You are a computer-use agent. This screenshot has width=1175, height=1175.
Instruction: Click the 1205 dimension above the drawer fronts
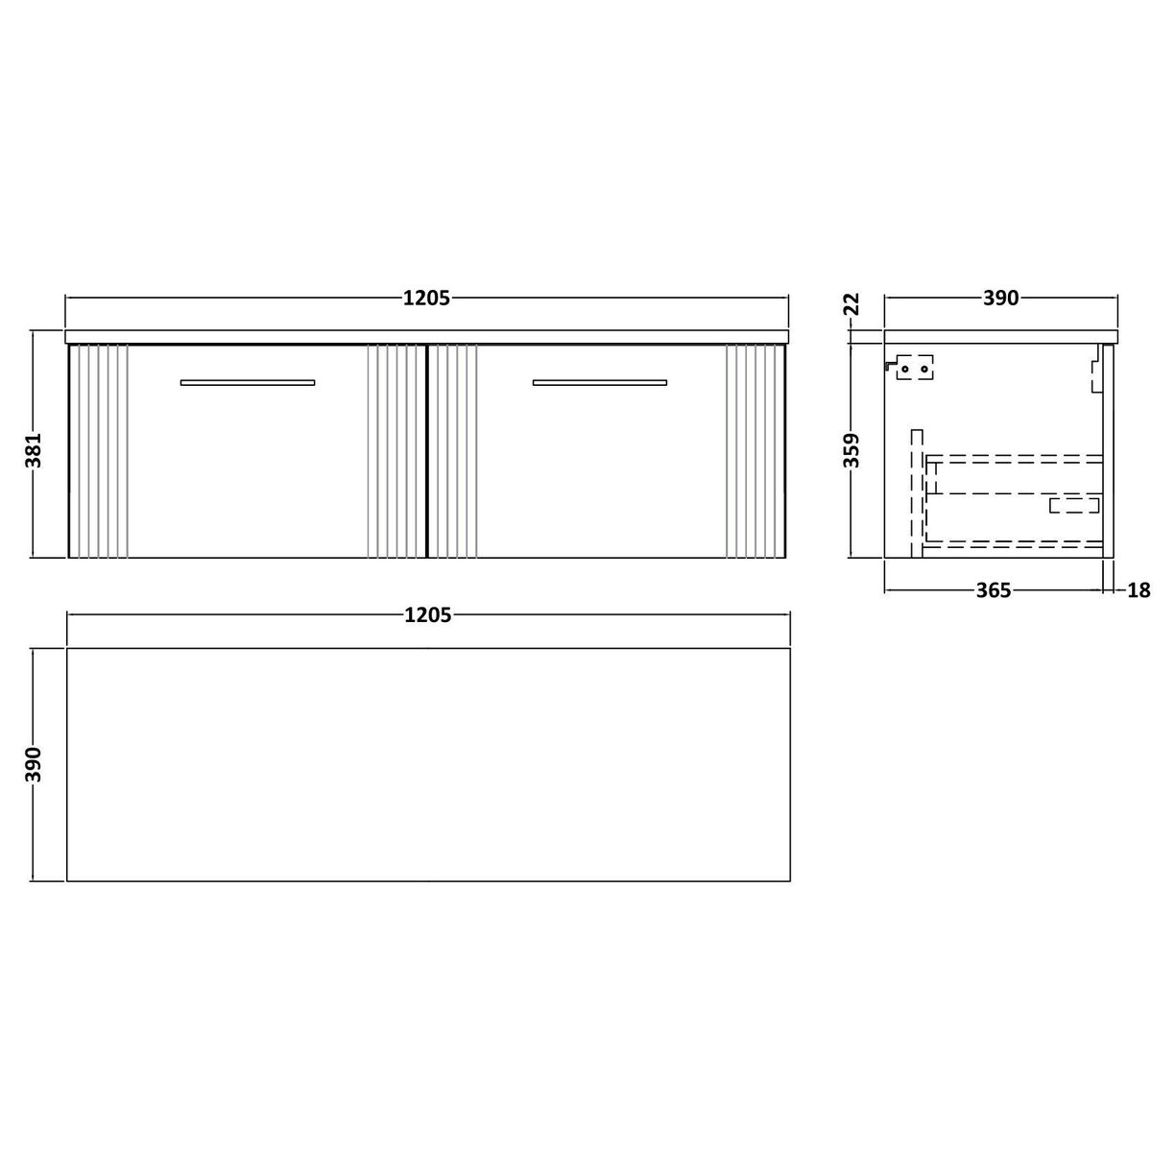[x=426, y=298]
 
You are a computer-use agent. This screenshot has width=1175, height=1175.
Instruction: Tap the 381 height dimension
[x=33, y=444]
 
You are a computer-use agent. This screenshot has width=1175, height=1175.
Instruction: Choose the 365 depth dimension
[x=993, y=590]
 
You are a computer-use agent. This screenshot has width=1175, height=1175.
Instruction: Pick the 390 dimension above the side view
[x=999, y=298]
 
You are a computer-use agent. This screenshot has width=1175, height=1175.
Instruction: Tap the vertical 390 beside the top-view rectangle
[x=33, y=765]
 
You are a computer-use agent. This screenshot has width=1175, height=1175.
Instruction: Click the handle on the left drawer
[x=248, y=383]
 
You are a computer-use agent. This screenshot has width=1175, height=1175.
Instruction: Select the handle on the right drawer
[x=599, y=383]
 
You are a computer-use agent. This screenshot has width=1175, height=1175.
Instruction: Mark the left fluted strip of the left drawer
[x=100, y=451]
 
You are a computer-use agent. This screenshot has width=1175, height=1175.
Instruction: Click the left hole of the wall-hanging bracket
[x=904, y=367]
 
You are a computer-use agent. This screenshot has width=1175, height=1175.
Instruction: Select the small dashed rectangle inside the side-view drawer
[x=1073, y=505]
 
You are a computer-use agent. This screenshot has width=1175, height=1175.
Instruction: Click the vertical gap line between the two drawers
[x=425, y=451]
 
